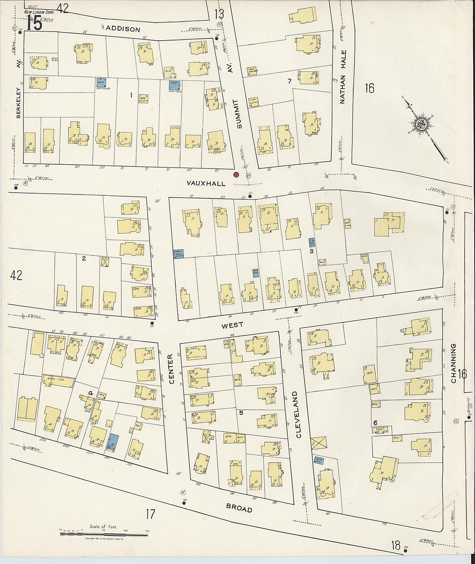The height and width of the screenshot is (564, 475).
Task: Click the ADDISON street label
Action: pos(123,29)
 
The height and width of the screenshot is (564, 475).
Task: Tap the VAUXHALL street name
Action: pos(206,183)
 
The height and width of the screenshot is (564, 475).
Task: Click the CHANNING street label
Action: pos(453,363)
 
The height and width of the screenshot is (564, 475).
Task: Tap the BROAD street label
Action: pos(239,509)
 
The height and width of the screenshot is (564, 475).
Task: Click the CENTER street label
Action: pos(171,369)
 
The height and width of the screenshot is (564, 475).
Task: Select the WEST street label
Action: pos(232,325)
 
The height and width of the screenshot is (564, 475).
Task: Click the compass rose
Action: pos(420,124)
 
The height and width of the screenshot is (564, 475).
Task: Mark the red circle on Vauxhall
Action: pos(236,175)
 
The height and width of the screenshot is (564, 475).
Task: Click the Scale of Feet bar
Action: pos(104,534)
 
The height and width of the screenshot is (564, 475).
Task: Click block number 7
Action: pos(289,81)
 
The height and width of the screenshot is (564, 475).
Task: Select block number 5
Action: pos(241,413)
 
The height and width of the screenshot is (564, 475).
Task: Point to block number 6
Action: pos(375,423)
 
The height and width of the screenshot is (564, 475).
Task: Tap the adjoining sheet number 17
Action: pos(150,514)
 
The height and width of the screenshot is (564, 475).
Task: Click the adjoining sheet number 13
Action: pos(219,14)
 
